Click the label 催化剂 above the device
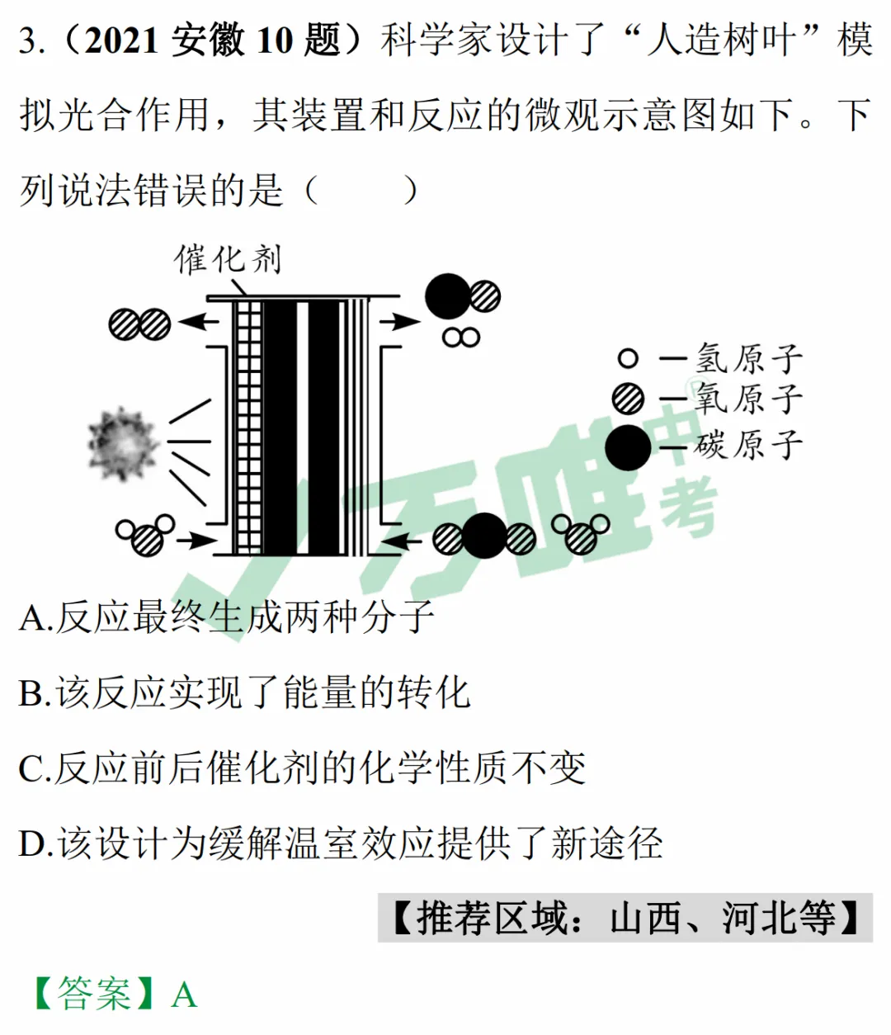228,259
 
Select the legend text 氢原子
749,358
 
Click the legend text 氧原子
749,399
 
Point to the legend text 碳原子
749,445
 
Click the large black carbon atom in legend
628,447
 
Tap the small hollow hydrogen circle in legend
628,358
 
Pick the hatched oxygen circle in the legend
628,399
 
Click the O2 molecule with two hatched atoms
139,324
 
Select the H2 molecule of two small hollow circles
461,338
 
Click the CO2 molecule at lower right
484,536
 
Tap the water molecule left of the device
145,534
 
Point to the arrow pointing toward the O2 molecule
198,321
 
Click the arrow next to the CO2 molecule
402,541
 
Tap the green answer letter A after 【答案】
184,994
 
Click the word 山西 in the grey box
646,918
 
